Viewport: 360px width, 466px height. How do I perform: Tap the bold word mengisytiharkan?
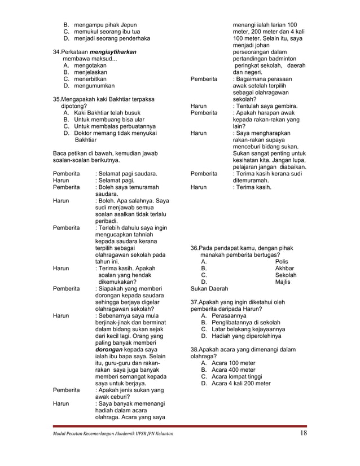click(x=109, y=52)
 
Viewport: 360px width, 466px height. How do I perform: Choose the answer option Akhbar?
click(x=284, y=269)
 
